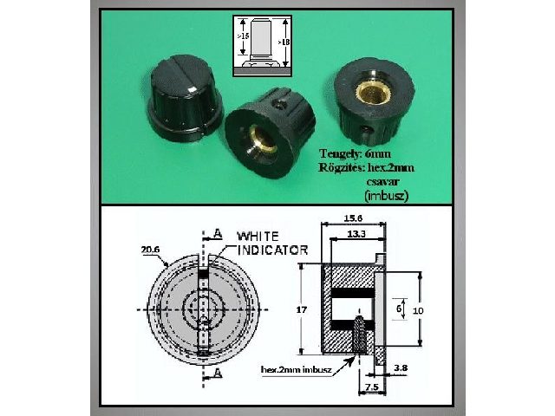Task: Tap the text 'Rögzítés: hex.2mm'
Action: pyautogui.click(x=359, y=167)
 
